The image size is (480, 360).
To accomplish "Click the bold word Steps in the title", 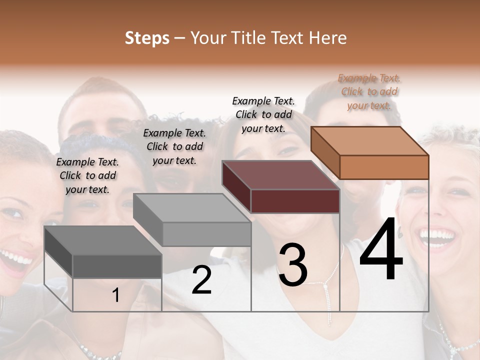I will [147, 38].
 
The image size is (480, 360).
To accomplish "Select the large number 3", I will [293, 265].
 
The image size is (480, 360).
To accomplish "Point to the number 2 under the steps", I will [201, 280].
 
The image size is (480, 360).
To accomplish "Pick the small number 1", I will [116, 295].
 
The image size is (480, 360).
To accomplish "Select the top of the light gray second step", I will [192, 207].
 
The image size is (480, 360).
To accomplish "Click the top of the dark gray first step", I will [103, 240].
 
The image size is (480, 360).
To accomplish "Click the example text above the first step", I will [87, 175].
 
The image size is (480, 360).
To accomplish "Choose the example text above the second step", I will [174, 146].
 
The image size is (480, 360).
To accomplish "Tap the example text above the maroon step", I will [263, 114].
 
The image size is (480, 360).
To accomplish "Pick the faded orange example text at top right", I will [369, 91].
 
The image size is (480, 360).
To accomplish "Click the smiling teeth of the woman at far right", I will [436, 234].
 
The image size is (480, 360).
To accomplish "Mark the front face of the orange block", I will [384, 167].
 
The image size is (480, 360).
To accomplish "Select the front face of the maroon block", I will [295, 201].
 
